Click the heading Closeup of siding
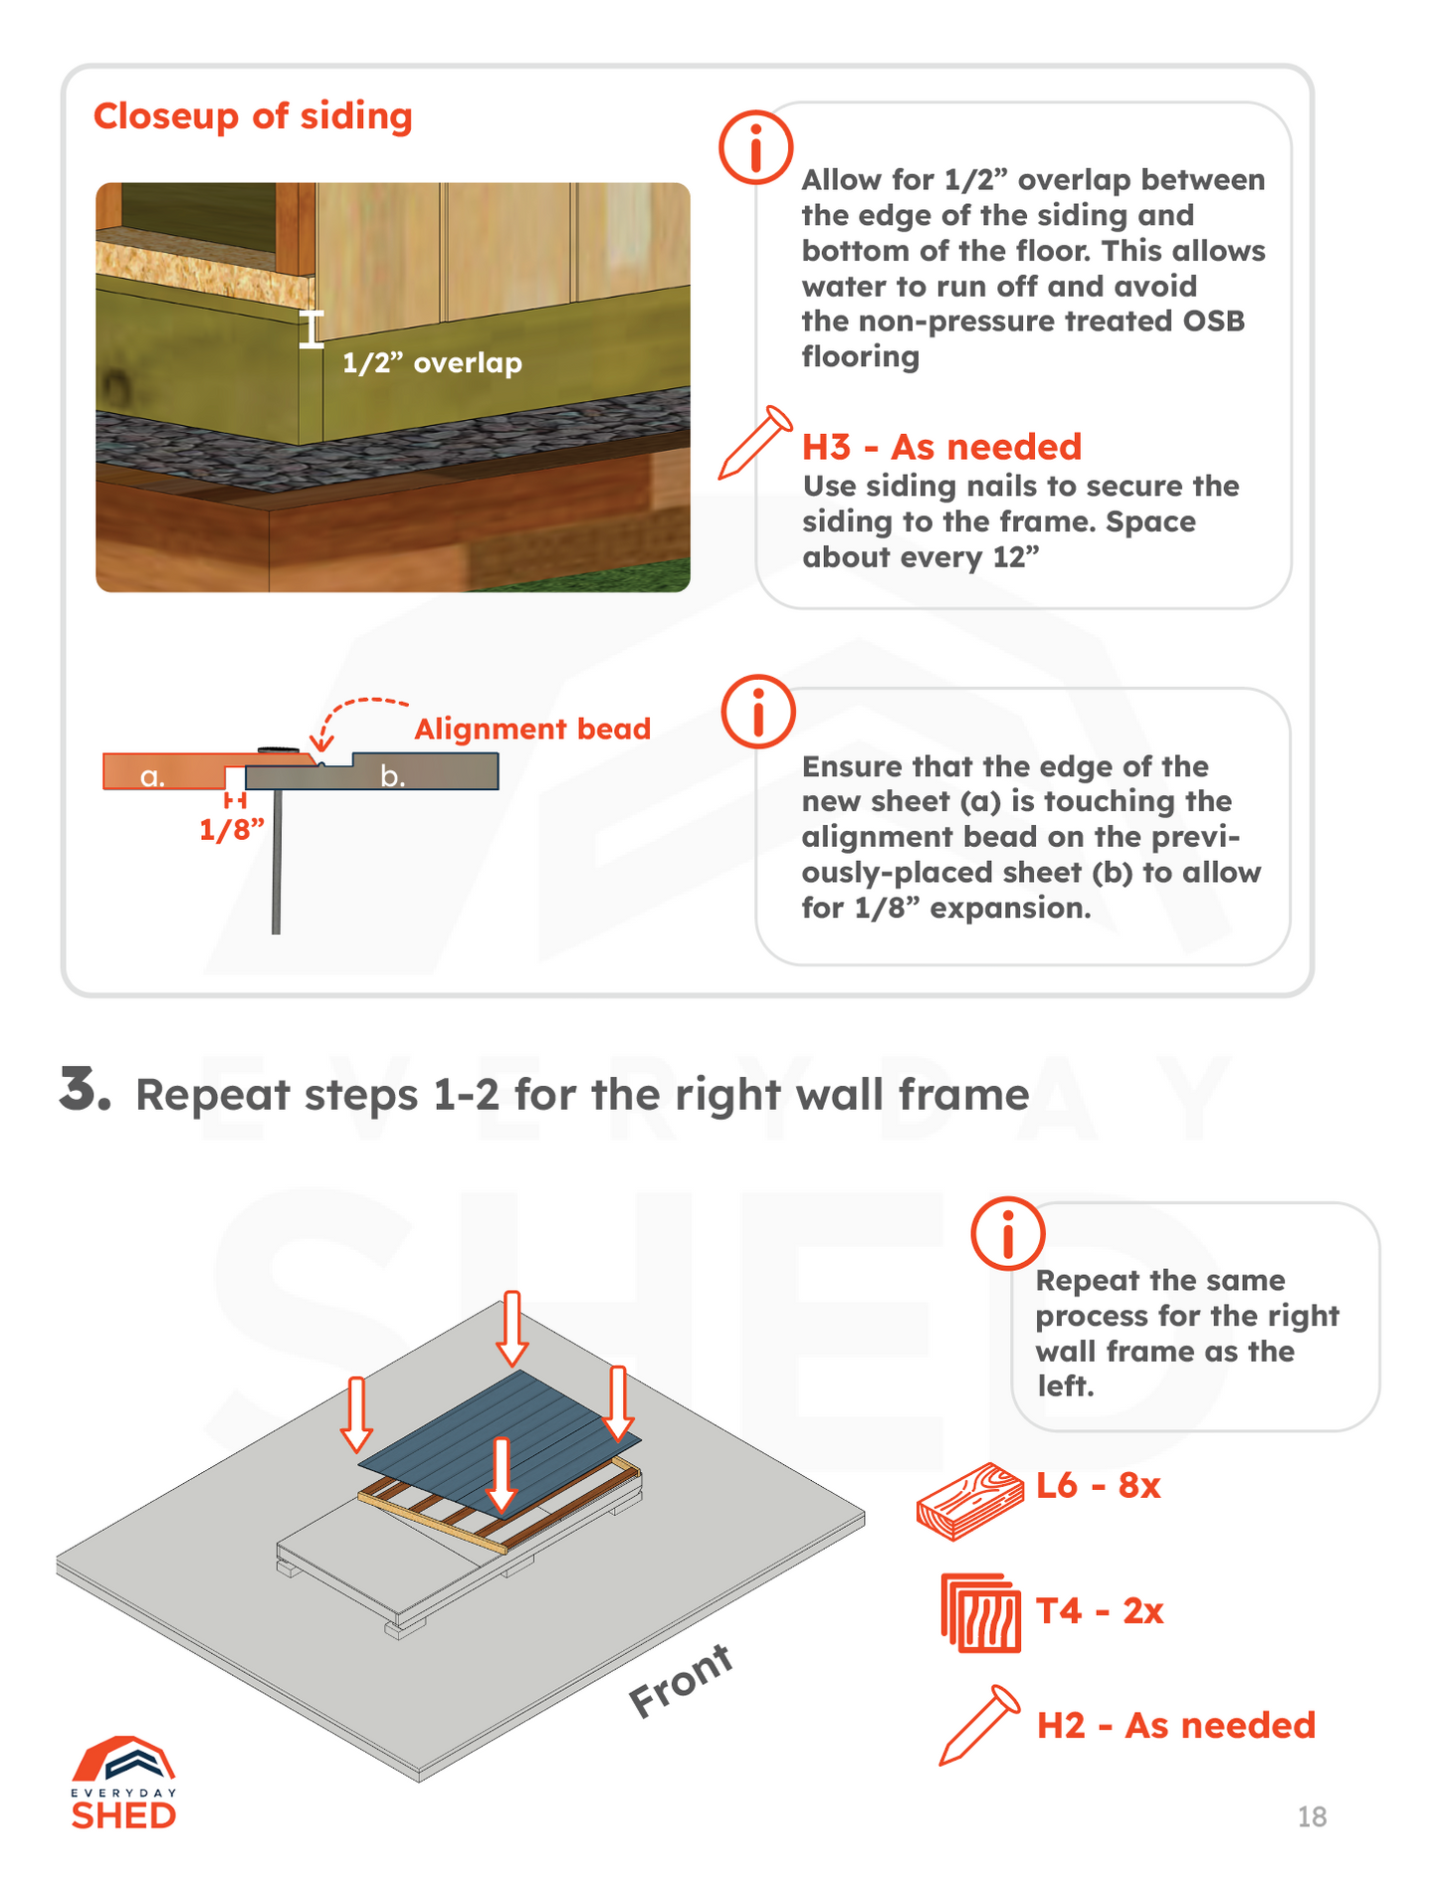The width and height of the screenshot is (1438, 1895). click(253, 116)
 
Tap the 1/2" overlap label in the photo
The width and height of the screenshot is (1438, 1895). click(432, 363)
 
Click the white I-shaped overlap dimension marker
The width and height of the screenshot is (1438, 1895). click(312, 329)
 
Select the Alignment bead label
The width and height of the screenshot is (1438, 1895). click(532, 730)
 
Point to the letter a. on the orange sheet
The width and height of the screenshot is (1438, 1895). click(152, 776)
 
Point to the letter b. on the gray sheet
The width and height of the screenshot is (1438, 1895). click(393, 776)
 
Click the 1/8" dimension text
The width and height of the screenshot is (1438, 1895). click(232, 830)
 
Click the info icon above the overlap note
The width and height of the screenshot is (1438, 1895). click(755, 147)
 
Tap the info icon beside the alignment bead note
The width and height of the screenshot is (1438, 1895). click(757, 712)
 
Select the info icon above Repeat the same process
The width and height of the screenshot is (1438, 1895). click(1007, 1233)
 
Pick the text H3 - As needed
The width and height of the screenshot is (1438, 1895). click(941, 448)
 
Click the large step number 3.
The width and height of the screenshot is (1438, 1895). click(84, 1089)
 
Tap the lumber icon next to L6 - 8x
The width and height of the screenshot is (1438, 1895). click(970, 1501)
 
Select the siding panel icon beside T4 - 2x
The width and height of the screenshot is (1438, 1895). click(980, 1612)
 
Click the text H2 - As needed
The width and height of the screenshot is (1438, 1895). click(1175, 1726)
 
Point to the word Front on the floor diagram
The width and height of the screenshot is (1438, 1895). click(681, 1681)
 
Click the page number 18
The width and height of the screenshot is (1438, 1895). click(1312, 1817)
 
